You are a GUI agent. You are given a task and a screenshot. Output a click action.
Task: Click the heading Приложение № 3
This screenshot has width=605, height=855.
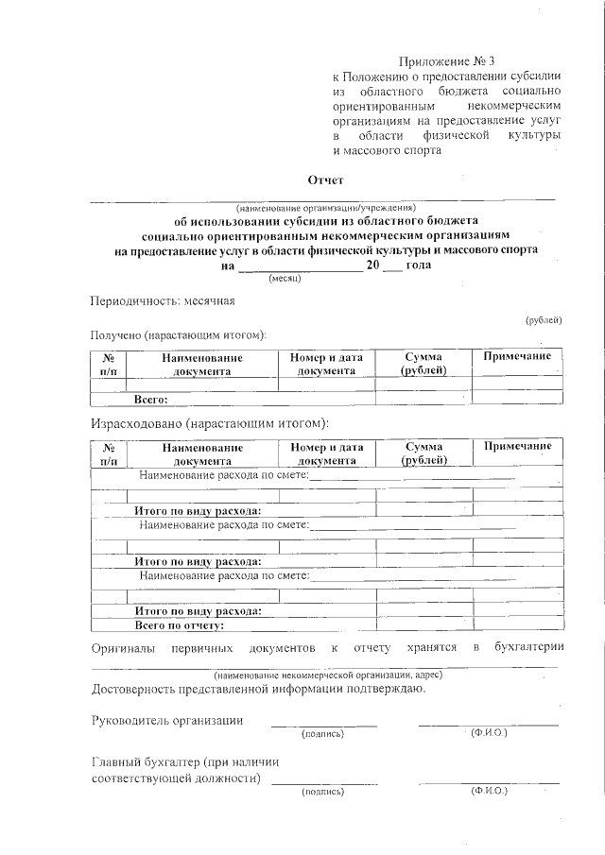pos(441,59)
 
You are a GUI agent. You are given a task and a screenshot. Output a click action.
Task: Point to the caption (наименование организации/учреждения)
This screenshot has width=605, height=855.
pos(325,207)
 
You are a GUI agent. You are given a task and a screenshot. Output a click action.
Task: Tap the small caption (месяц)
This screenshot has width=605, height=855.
pos(285,280)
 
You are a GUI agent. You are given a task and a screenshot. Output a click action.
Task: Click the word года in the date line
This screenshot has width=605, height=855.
pos(418,265)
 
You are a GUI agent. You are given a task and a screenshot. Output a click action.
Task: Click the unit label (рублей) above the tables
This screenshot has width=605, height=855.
pos(544,321)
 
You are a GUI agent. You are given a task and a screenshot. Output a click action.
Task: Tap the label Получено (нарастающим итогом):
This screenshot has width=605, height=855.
pos(179,334)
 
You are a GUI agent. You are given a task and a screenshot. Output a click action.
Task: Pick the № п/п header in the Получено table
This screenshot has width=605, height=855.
pos(109,364)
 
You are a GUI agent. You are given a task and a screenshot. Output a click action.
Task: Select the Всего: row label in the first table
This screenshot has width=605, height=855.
pos(150,400)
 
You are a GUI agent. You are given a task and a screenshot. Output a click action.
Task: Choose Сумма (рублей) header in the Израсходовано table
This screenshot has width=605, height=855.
pos(423,453)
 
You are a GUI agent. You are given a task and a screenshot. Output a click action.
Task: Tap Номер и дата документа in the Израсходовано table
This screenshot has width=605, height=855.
pos(327,453)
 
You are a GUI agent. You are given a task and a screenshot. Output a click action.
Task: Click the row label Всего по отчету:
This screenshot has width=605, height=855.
pos(179,624)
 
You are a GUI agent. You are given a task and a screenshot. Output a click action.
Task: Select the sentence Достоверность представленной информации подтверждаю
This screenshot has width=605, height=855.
pos(257,687)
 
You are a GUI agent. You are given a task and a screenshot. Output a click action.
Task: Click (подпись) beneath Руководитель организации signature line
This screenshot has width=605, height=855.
pos(322,733)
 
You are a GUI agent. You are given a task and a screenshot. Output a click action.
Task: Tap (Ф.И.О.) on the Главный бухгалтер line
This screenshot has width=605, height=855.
pos(488,791)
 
